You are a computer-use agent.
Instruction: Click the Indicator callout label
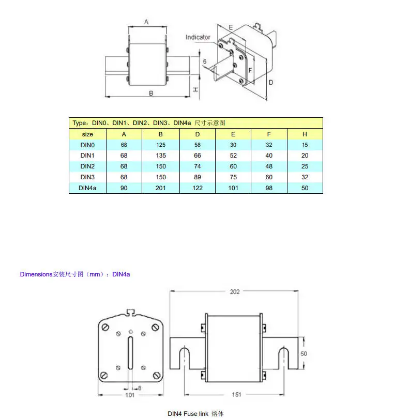pyautogui.click(x=198, y=37)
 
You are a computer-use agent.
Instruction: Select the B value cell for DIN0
pyautogui.click(x=161, y=145)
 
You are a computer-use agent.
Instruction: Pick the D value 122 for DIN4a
pyautogui.click(x=198, y=188)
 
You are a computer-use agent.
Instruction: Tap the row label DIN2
pyautogui.click(x=87, y=166)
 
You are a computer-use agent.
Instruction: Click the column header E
pyautogui.click(x=233, y=134)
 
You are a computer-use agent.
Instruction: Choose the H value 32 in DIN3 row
pyautogui.click(x=305, y=177)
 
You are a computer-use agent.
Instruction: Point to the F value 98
pyautogui.click(x=269, y=188)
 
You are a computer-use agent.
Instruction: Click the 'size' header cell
pyautogui.click(x=87, y=134)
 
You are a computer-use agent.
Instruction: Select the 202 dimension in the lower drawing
pyautogui.click(x=235, y=292)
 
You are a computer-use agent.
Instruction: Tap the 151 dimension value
pyautogui.click(x=236, y=395)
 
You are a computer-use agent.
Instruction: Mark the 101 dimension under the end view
pyautogui.click(x=130, y=395)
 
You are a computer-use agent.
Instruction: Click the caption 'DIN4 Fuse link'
pyautogui.click(x=189, y=414)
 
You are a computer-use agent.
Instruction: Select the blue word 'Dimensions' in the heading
pyautogui.click(x=36, y=274)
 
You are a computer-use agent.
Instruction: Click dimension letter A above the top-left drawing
pyautogui.click(x=146, y=22)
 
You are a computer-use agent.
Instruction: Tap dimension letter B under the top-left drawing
pyautogui.click(x=151, y=94)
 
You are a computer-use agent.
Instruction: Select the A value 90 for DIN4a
pyautogui.click(x=124, y=188)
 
